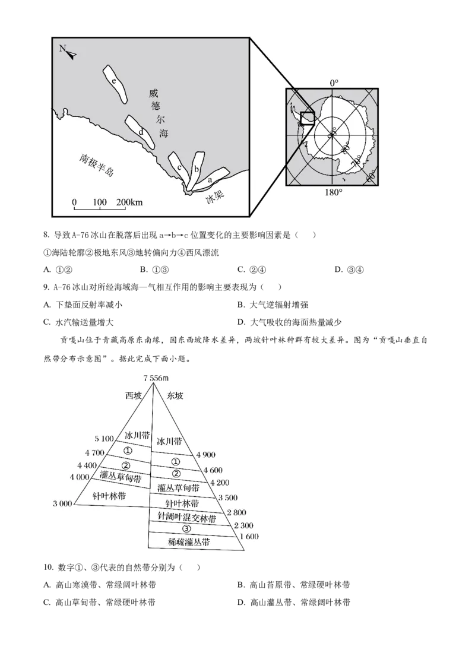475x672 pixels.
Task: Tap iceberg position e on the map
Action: pos(115,84)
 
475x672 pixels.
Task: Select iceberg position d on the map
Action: pos(140,132)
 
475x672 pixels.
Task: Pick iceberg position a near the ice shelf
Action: pos(210,179)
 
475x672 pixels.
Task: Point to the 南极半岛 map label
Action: pos(96,165)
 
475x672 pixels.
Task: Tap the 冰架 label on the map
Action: pos(215,197)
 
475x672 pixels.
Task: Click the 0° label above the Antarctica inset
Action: pos(334,83)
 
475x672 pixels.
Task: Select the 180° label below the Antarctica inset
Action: pos(333,192)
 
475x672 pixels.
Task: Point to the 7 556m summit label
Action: pos(156,378)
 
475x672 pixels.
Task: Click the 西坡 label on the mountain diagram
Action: pos(134,395)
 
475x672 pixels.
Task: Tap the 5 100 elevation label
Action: pos(104,439)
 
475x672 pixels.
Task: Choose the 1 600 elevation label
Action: pos(249,536)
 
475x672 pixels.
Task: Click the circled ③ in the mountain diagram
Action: pos(186,528)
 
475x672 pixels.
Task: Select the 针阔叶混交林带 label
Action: pos(187,517)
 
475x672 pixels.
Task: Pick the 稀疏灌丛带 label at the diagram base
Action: pos(189,542)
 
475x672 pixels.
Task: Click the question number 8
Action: pos(46,235)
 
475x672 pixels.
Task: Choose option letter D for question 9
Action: pos(241,322)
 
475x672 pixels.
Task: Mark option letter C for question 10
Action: pos(47,603)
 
